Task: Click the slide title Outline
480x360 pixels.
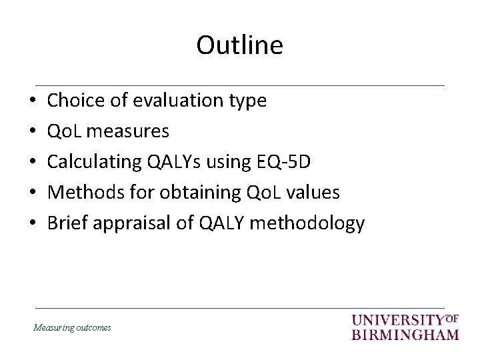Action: [x=239, y=45]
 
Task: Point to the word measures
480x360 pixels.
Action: [x=127, y=131]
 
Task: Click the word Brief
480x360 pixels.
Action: [x=68, y=223]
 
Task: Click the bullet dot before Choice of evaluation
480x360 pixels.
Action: [x=33, y=101]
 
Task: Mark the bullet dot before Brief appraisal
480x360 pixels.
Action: [x=33, y=224]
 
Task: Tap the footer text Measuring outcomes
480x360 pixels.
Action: [x=72, y=327]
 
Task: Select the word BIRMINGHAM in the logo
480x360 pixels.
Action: [x=405, y=334]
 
